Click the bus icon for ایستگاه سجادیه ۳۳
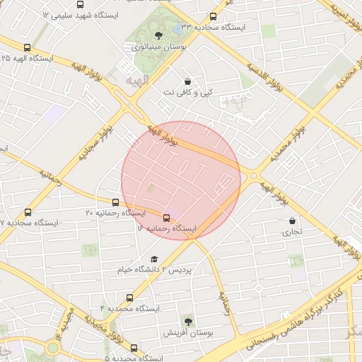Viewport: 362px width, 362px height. click(x=214, y=17)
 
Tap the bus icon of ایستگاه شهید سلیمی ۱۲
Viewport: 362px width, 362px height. click(x=78, y=4)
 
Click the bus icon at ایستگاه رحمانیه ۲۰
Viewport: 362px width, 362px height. click(x=115, y=202)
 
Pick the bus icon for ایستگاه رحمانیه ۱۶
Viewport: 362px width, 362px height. click(x=167, y=218)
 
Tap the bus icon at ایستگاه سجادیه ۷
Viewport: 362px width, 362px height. click(x=28, y=212)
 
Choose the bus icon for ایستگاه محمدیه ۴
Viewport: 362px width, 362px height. click(x=129, y=298)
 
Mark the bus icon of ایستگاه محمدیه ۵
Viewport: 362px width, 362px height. click(x=134, y=348)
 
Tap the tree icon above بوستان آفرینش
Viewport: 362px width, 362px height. click(x=187, y=321)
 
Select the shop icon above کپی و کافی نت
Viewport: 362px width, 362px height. click(x=187, y=81)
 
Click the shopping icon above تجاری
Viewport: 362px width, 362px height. click(x=292, y=221)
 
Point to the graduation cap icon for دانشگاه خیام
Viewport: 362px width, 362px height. click(x=154, y=259)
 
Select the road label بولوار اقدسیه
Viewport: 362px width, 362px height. click(x=269, y=79)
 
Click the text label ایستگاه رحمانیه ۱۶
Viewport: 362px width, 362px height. click(x=166, y=229)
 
